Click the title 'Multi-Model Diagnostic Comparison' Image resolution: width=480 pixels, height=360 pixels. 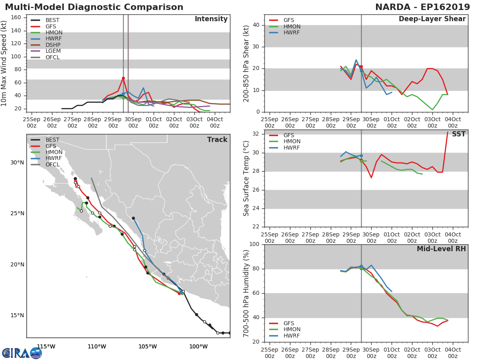click(94, 7)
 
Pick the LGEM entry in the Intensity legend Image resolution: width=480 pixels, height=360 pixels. click(52, 51)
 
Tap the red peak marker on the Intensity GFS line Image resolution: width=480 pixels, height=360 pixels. click(123, 78)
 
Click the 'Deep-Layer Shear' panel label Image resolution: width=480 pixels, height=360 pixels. click(432, 19)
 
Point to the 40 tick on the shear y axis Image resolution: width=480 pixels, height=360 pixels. click(257, 25)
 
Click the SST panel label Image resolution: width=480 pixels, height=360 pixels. click(458, 134)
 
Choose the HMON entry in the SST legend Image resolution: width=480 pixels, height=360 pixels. click(292, 142)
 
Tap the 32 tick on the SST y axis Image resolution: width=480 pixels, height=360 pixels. click(257, 134)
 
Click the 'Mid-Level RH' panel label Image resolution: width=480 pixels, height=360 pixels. click(441, 249)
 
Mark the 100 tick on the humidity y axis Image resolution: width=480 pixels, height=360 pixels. click(254, 244)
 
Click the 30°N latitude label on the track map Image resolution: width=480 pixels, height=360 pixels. click(17, 162)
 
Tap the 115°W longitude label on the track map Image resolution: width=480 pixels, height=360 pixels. click(46, 346)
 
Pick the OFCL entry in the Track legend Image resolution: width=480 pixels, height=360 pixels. click(52, 165)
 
